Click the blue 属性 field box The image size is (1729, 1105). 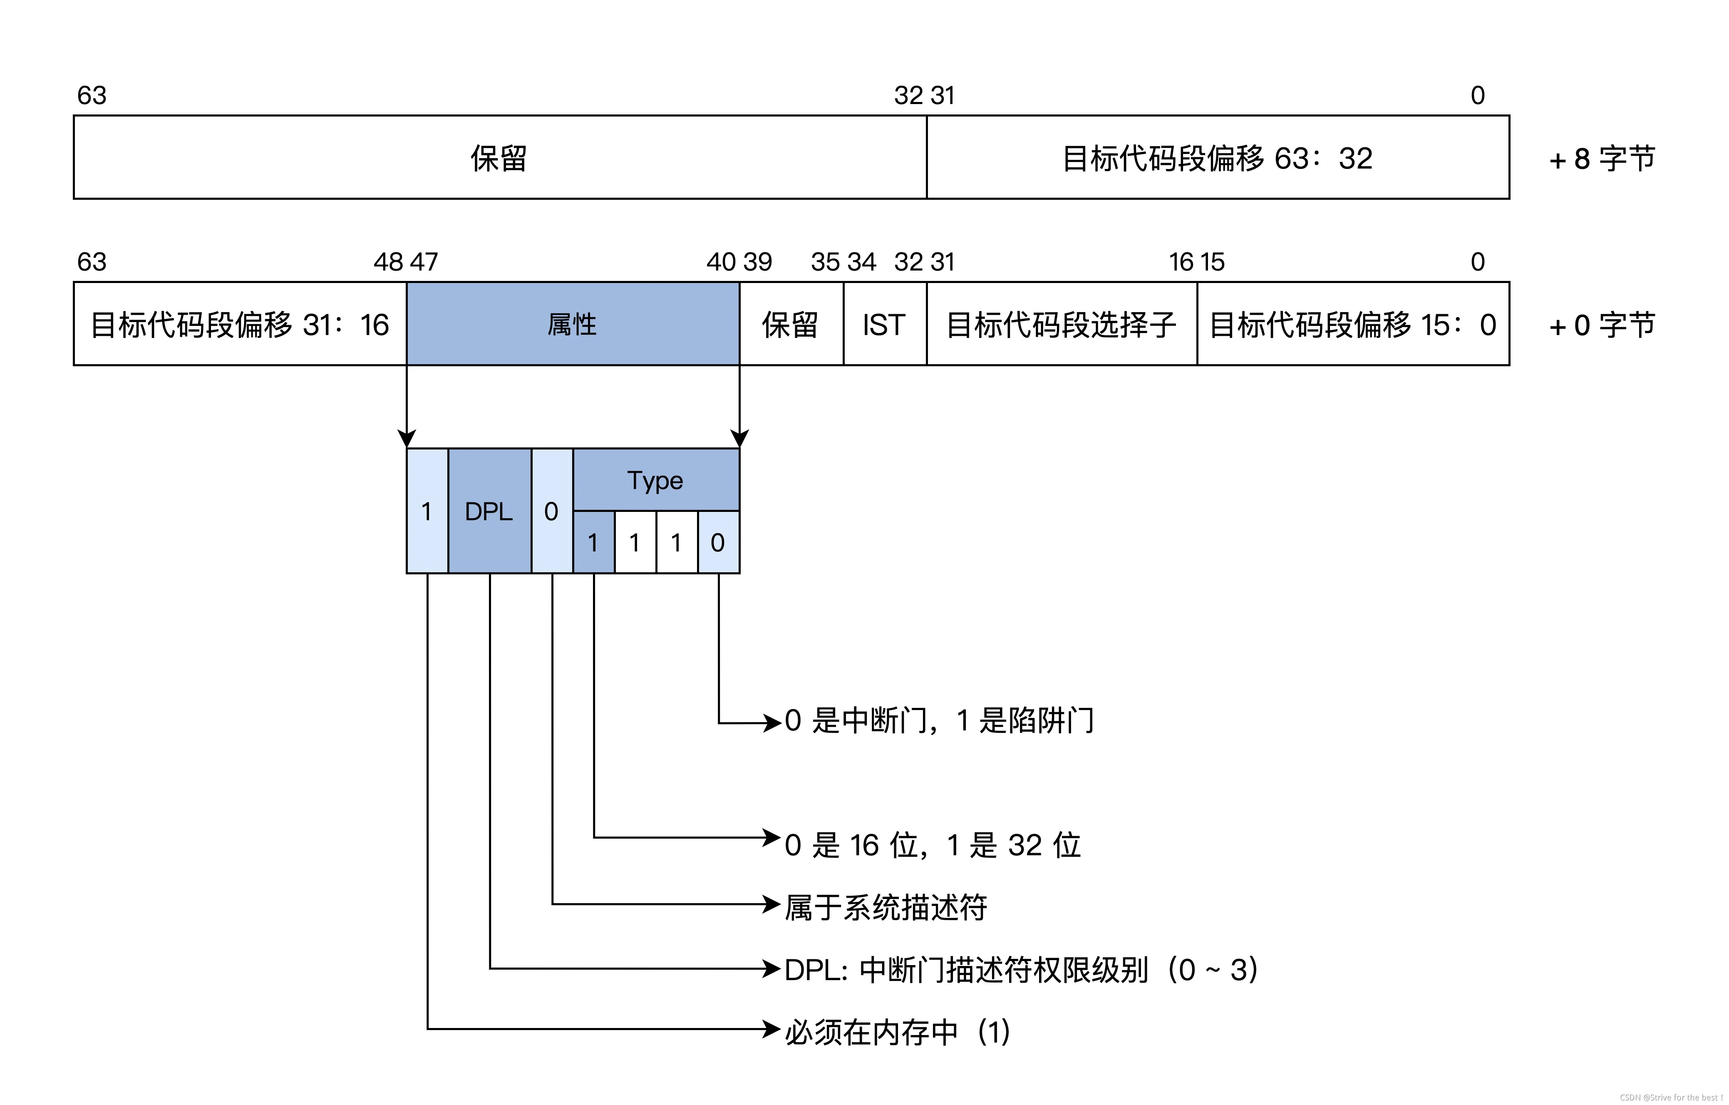(x=572, y=324)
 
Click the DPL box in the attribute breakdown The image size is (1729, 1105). (x=489, y=511)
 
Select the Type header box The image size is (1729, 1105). (x=655, y=479)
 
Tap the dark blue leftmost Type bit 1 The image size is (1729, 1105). (x=593, y=542)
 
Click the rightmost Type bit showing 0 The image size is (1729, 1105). (x=718, y=542)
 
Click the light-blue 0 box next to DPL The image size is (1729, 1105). (x=551, y=511)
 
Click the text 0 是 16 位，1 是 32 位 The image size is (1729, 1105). (x=932, y=845)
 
